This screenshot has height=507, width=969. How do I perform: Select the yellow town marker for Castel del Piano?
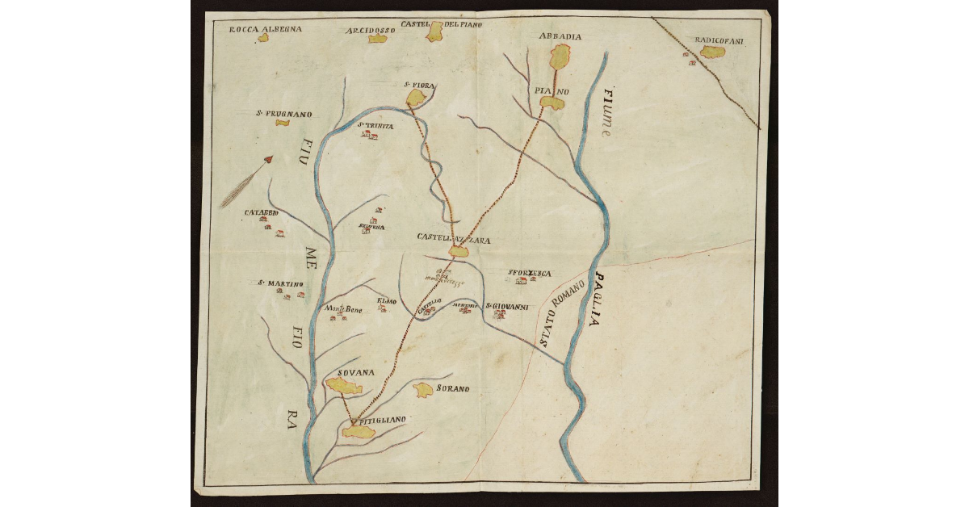pyautogui.click(x=435, y=32)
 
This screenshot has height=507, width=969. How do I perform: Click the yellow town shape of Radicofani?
pyautogui.click(x=712, y=52)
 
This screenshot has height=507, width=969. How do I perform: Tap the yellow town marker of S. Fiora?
pyautogui.click(x=416, y=98)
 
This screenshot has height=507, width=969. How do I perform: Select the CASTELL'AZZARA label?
pyautogui.click(x=453, y=238)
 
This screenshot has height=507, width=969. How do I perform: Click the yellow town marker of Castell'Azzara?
pyautogui.click(x=459, y=252)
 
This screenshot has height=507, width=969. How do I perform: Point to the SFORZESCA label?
pyautogui.click(x=529, y=273)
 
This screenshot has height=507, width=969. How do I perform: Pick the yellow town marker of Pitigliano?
pyautogui.click(x=359, y=432)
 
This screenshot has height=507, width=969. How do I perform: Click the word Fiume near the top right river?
pyautogui.click(x=608, y=113)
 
